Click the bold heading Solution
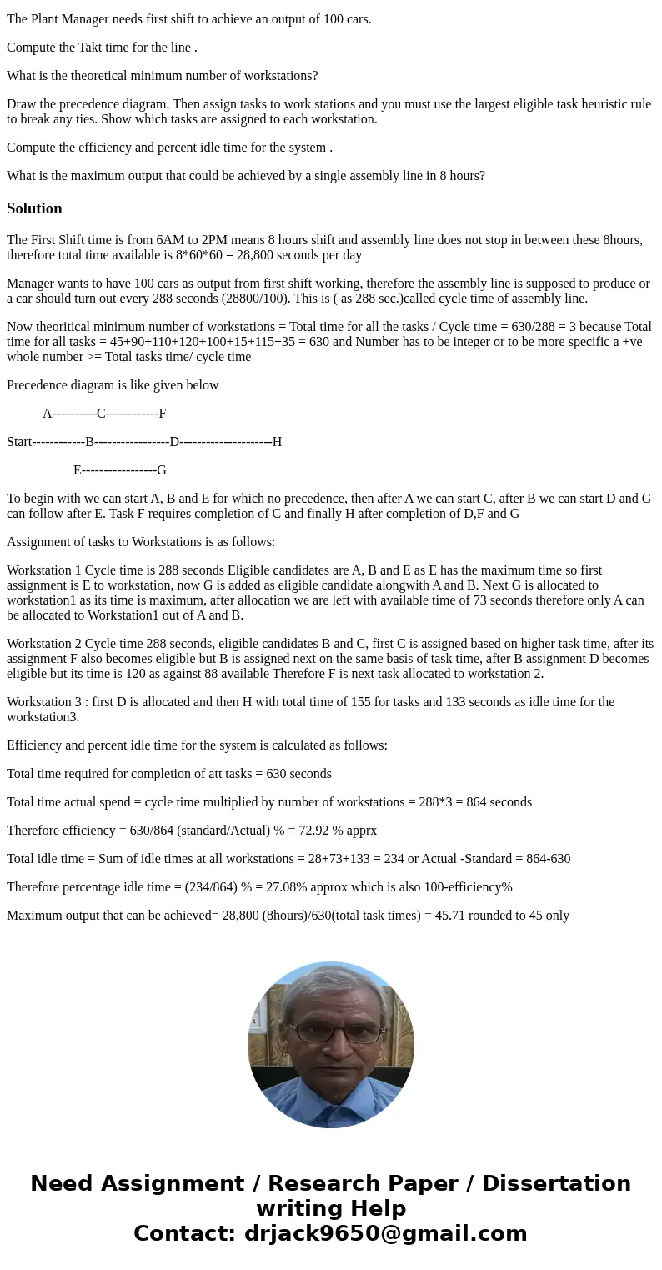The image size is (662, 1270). tap(34, 208)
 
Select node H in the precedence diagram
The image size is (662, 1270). tap(277, 442)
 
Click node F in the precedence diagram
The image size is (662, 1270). tap(163, 414)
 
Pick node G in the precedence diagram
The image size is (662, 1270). tap(162, 470)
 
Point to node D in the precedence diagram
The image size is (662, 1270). tap(174, 442)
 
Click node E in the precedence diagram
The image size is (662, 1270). tap(78, 470)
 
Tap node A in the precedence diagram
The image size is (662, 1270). tap(48, 414)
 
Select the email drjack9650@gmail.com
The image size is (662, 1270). tap(385, 1234)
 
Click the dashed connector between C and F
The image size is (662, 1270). tap(132, 414)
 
